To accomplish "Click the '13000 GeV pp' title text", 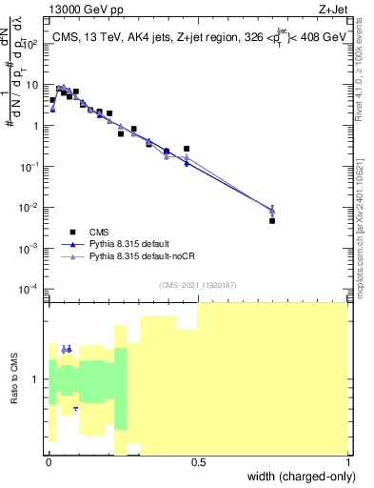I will pos(83,9).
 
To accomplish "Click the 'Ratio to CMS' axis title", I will pos(14,379).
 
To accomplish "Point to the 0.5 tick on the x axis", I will pos(198,462).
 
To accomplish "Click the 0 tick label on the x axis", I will pos(49,462).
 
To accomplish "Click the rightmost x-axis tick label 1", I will pos(347,462).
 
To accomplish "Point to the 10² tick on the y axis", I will pos(33,44).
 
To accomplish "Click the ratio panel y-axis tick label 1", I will pos(37,380).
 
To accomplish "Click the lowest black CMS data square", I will pos(272,220).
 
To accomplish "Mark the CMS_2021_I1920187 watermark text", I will pos(197,284).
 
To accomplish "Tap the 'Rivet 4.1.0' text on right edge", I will pos(364,71).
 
